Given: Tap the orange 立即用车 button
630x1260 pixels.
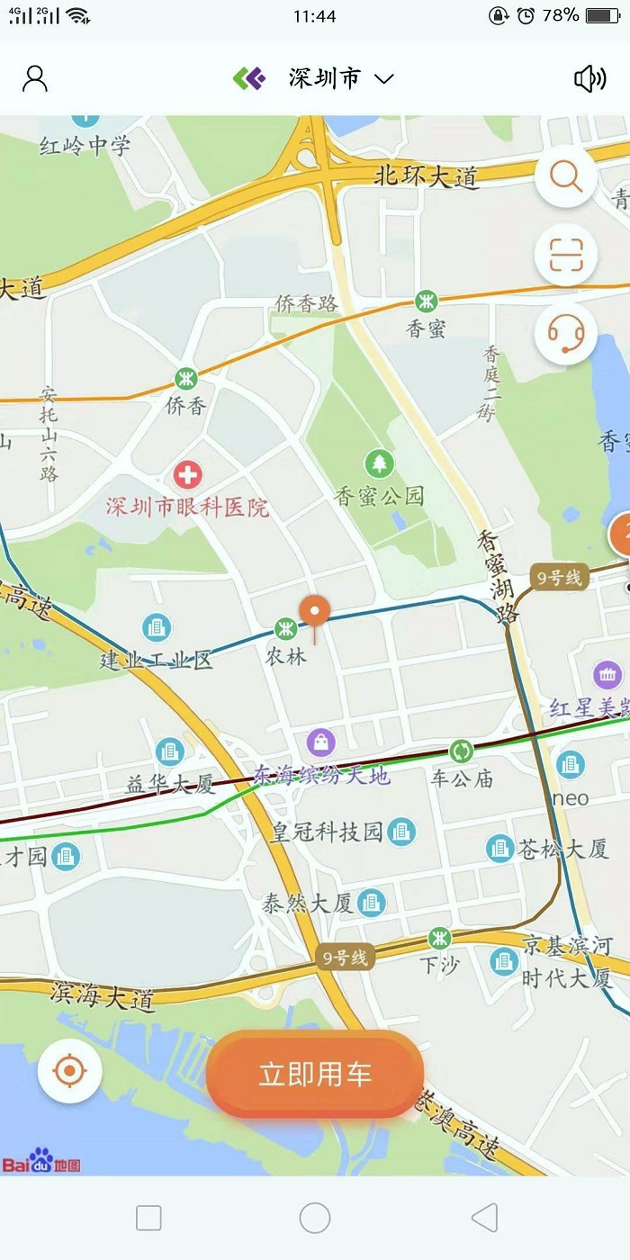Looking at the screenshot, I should pos(315,1074).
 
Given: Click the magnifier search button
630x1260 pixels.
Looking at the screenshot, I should pos(566,177).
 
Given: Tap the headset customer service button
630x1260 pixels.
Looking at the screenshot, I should pos(566,334).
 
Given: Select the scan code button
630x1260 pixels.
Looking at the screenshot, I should pos(566,256).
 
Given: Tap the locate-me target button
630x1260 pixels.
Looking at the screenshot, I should pos(70,1072).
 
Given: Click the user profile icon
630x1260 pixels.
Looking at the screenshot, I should pos(35,79).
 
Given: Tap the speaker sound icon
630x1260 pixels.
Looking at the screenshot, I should pos(590,79).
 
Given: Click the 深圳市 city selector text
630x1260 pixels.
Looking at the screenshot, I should pos(324,79).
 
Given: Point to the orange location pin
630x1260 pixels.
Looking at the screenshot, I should pos(316,610).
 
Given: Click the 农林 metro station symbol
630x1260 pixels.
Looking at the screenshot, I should pos(286,629).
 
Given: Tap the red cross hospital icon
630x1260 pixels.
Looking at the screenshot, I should pos(187,475).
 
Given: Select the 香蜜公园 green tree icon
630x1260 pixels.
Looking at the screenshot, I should pos(379,463).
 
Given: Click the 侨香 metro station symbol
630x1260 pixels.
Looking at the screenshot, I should pos(185,379).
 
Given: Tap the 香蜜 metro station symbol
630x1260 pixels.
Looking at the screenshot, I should pos(426,301).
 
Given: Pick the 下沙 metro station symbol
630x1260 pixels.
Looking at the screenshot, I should pos(439,938).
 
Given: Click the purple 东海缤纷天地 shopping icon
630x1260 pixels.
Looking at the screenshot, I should pos(321,742).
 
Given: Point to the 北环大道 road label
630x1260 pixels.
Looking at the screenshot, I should pos(427,177).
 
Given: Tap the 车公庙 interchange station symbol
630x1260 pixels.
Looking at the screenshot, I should pos(461,751).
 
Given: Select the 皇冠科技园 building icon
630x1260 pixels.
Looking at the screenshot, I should pos(402,831).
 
